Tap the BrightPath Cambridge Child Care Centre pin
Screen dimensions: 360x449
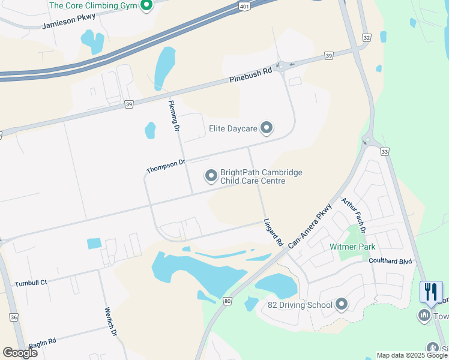pyautogui.click(x=211, y=176)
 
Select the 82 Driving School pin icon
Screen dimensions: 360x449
pyautogui.click(x=342, y=305)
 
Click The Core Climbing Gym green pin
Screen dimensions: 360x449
pyautogui.click(x=146, y=6)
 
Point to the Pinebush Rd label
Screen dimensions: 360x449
pyautogui.click(x=250, y=75)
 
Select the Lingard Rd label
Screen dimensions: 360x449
pyautogui.click(x=273, y=233)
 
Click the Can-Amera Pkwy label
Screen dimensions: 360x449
pyautogui.click(x=310, y=226)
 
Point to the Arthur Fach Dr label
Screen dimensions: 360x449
pyautogui.click(x=354, y=215)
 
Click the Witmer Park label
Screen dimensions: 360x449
pyautogui.click(x=352, y=247)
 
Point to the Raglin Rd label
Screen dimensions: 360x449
pyautogui.click(x=42, y=340)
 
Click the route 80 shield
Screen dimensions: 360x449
pyautogui.click(x=226, y=301)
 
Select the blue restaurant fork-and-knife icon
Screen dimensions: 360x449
pyautogui.click(x=431, y=292)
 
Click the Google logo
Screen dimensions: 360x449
pyautogui.click(x=20, y=353)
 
